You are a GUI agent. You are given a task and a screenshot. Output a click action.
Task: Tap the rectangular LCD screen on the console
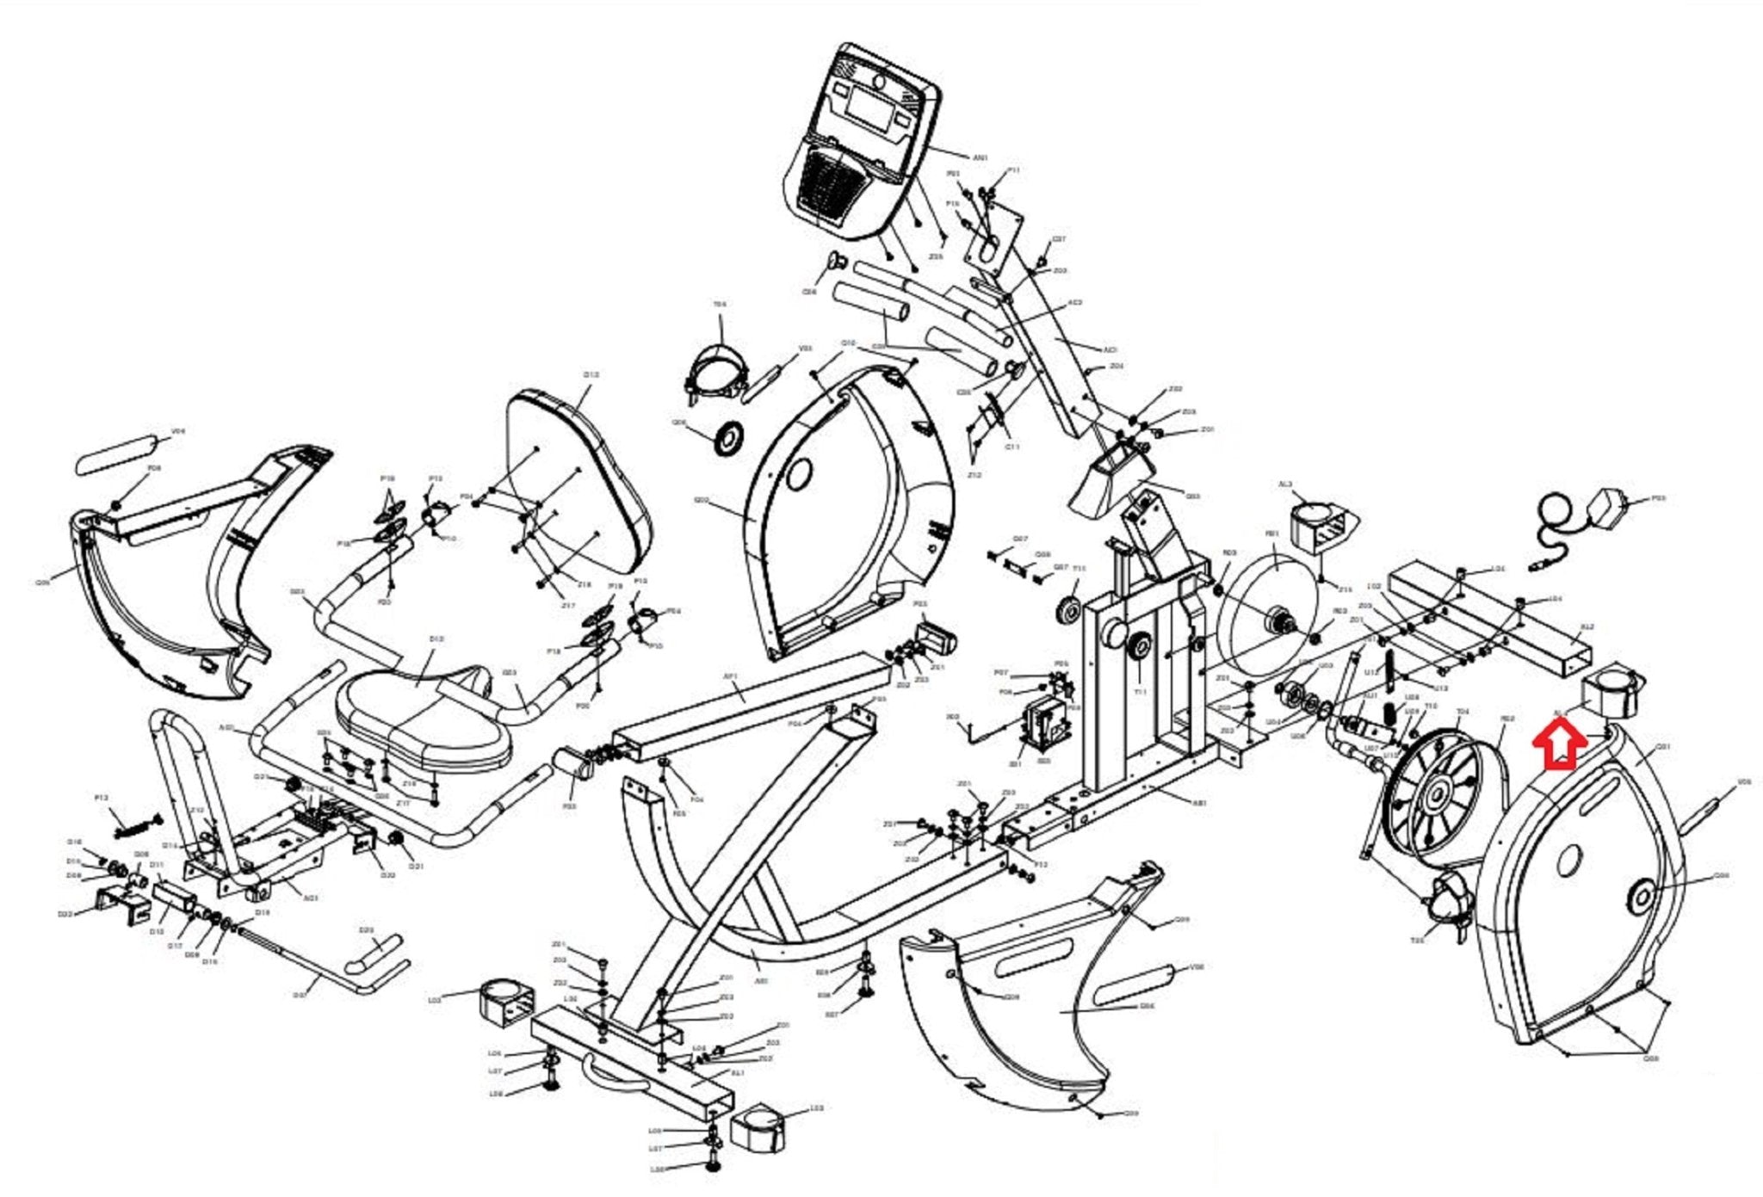[x=869, y=107]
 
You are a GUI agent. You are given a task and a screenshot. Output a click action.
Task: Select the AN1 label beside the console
[x=980, y=158]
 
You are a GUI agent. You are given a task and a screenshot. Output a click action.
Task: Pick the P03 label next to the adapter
[x=1659, y=498]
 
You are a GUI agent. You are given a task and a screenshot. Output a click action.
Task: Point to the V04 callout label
[x=178, y=431]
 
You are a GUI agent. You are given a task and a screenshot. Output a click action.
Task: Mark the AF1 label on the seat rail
[x=731, y=677]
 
